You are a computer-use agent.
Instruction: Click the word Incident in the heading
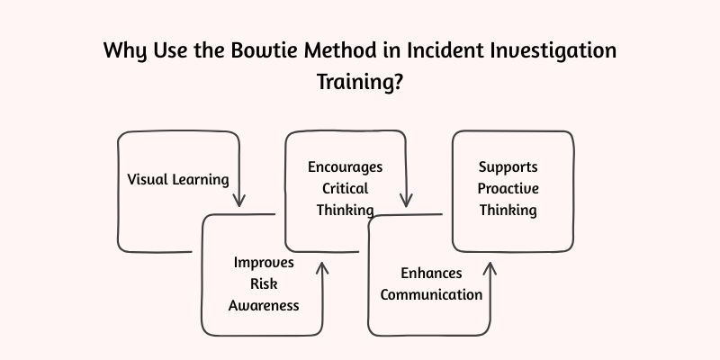point(432,50)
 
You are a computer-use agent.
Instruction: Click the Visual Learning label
point(177,178)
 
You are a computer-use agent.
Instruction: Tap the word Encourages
point(346,167)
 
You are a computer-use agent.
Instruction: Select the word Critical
point(346,188)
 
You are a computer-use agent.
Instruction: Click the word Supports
point(508,167)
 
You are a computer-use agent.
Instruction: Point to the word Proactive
point(508,188)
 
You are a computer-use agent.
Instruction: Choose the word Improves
point(264,263)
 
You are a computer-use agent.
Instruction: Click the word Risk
point(264,283)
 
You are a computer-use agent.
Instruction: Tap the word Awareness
point(264,305)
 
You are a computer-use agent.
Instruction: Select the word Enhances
point(431,273)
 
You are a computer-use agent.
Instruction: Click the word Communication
point(431,294)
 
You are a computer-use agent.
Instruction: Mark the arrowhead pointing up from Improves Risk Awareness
point(322,266)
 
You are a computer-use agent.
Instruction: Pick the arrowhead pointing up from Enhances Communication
point(490,267)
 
